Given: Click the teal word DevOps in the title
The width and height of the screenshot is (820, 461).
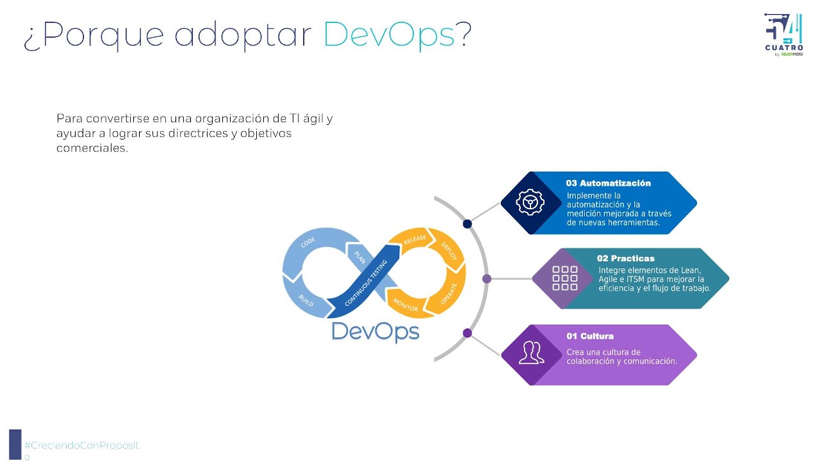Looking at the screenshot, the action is pyautogui.click(x=389, y=35).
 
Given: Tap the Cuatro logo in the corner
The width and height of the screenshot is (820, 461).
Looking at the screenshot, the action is pyautogui.click(x=783, y=35).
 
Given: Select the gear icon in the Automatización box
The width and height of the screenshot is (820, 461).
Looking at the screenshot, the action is pyautogui.click(x=530, y=202).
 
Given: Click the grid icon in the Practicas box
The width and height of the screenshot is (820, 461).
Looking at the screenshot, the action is pyautogui.click(x=565, y=278).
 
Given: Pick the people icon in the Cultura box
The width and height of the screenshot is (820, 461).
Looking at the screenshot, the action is pyautogui.click(x=532, y=353).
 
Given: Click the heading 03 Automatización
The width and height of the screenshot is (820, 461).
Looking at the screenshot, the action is pyautogui.click(x=609, y=183).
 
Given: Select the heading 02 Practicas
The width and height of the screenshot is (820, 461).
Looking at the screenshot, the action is pyautogui.click(x=626, y=258).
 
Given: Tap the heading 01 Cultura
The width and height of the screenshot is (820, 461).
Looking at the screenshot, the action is pyautogui.click(x=590, y=336).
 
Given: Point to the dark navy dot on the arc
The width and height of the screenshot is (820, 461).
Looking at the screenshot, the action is pyautogui.click(x=467, y=224).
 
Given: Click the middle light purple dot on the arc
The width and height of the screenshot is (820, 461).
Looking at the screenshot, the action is pyautogui.click(x=486, y=279).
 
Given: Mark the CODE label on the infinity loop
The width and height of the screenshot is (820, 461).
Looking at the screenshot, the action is pyautogui.click(x=308, y=242).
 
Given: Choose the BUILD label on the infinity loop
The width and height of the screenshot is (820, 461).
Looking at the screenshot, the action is pyautogui.click(x=306, y=300).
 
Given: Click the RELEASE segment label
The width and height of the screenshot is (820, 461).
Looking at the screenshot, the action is pyautogui.click(x=414, y=239).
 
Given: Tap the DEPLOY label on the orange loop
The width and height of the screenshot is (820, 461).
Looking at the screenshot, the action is pyautogui.click(x=449, y=251).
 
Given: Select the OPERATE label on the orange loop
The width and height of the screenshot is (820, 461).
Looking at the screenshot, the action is pyautogui.click(x=449, y=294).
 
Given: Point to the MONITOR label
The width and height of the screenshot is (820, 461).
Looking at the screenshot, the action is pyautogui.click(x=406, y=304).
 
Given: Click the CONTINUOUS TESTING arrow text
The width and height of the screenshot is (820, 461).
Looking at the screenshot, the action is pyautogui.click(x=366, y=282).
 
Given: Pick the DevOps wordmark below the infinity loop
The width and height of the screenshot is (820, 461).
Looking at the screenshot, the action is pyautogui.click(x=375, y=332).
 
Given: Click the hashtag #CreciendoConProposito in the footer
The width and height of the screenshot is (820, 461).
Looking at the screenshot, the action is pyautogui.click(x=81, y=450).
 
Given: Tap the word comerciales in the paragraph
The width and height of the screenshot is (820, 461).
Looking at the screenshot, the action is pyautogui.click(x=92, y=148).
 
